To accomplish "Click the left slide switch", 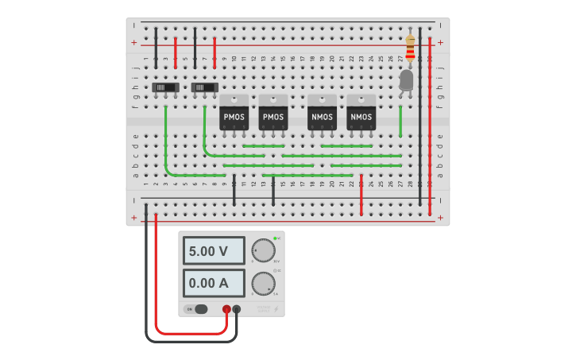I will (165, 87).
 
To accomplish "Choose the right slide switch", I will (205, 87).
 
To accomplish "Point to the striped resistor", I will (410, 48).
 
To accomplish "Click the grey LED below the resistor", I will (406, 80).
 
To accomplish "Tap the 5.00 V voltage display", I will (214, 251).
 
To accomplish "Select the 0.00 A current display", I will (214, 283).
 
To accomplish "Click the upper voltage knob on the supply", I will (263, 251).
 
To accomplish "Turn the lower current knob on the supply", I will (263, 284).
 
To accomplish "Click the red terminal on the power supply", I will (226, 309).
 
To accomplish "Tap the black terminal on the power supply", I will (237, 309).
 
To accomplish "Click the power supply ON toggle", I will (196, 309).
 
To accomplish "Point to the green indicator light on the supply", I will (275, 238).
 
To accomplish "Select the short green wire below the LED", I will (400, 121).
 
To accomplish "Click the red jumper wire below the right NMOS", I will (361, 195).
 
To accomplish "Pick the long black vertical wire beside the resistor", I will (420, 119).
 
